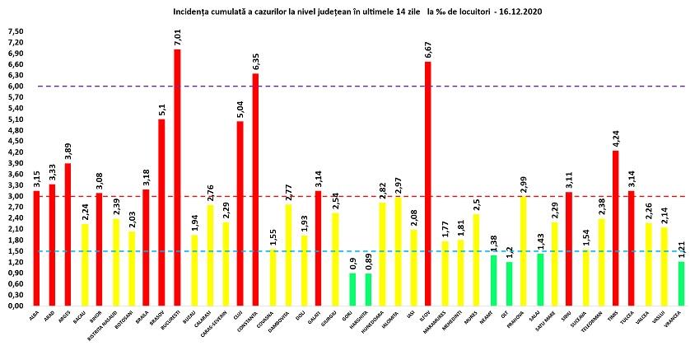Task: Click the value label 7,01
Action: [x=177, y=36]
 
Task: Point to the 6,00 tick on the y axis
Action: [x=16, y=86]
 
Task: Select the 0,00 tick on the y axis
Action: [x=16, y=306]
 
